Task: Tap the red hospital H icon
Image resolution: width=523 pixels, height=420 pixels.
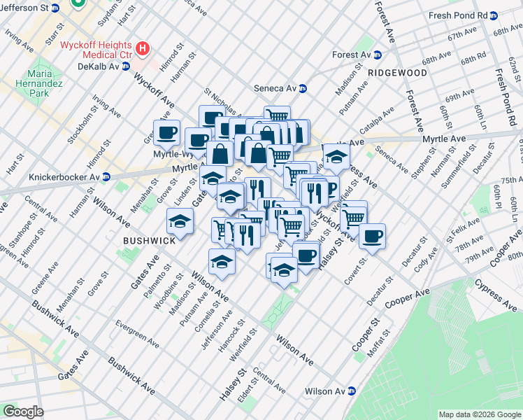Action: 143,48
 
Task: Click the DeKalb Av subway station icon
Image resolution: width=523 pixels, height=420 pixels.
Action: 126,66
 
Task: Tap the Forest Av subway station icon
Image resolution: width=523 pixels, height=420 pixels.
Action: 377,55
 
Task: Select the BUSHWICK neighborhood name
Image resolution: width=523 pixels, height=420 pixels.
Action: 149,240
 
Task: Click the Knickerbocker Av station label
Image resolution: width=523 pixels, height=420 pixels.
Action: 62,177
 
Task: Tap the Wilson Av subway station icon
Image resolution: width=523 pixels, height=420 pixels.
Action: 352,391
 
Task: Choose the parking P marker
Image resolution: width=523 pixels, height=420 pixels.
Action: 328,187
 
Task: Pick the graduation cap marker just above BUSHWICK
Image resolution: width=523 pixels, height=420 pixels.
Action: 180,221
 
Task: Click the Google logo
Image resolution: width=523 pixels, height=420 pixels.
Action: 23,412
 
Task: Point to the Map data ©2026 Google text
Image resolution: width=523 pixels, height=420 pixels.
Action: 479,414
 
